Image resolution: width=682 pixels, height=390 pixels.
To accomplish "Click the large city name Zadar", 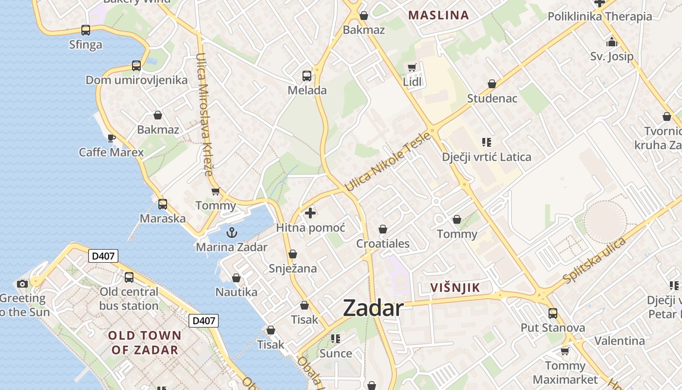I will pos(373,308).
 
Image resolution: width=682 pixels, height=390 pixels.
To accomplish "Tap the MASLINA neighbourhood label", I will pos(438,15).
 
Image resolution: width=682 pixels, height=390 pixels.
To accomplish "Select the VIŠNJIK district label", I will pos(455,288).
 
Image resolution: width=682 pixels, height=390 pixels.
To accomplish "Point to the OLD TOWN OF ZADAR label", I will pos(145,343).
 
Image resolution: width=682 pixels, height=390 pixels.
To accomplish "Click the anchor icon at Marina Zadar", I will pos(232,233).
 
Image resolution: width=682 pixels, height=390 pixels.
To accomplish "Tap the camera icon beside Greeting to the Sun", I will pos(22,284).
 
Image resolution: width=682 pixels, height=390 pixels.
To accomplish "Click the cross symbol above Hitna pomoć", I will pos(310,213).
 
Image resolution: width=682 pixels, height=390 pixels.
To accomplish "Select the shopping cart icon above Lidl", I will pos(412,67).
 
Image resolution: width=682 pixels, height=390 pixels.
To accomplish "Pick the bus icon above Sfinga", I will pos(86,30).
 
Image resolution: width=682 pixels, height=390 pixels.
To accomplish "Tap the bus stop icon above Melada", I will pos(306,76).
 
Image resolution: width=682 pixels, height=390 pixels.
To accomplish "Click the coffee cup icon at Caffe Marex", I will pos(111,138).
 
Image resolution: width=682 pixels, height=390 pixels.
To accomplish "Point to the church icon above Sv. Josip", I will pos(612,42).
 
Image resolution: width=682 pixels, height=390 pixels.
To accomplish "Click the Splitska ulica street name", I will pos(594,260).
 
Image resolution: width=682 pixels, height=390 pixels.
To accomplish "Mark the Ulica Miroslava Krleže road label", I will pos(204,114).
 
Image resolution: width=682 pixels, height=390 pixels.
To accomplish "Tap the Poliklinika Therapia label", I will pos(600,17).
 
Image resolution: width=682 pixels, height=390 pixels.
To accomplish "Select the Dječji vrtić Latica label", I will pos(486,157).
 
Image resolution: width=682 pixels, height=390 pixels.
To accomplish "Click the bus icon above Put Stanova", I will pos(552,313).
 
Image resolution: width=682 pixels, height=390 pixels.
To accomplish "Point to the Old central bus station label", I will pos(129,299).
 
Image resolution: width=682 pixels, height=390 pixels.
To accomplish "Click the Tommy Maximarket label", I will pos(565,372).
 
